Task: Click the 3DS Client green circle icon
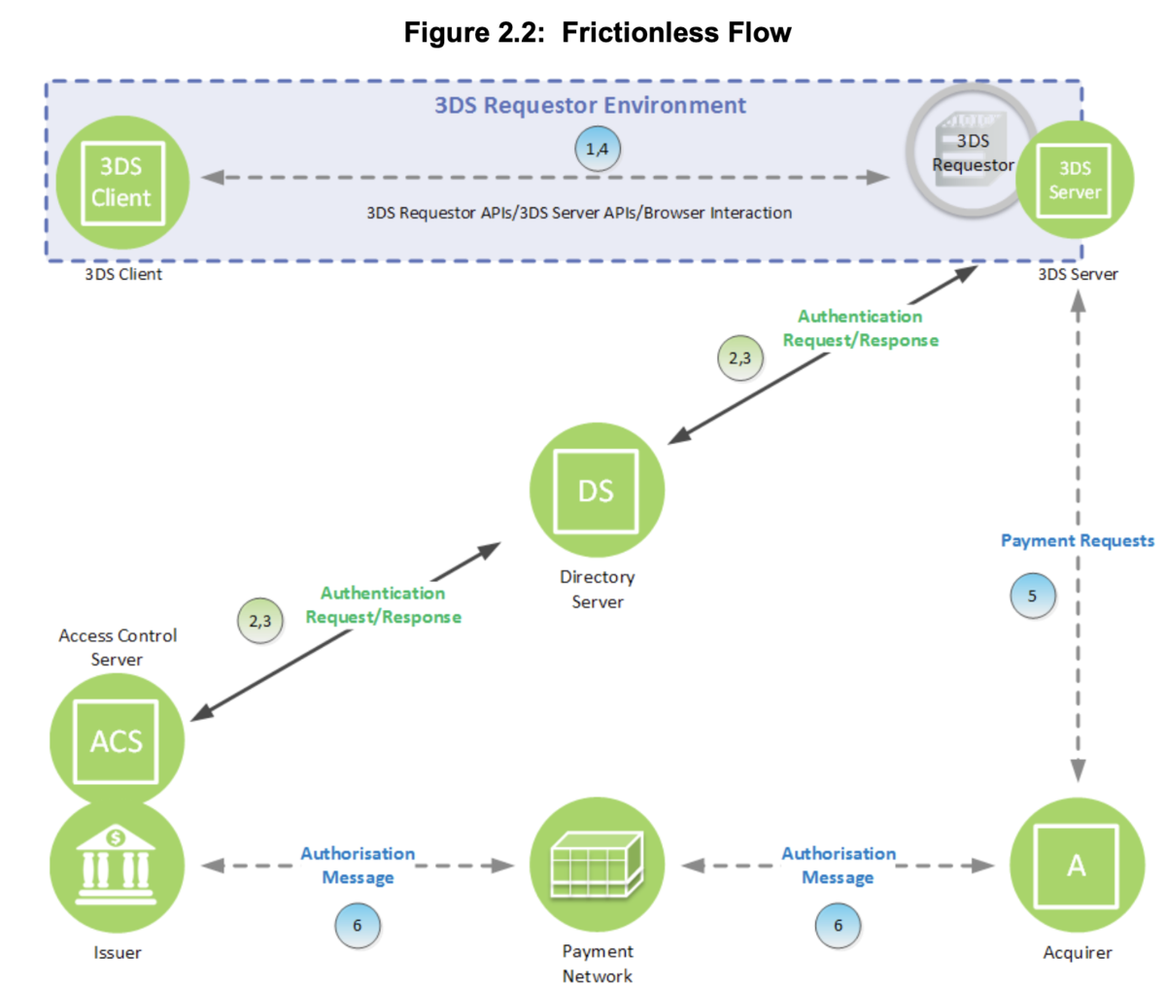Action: click(x=122, y=183)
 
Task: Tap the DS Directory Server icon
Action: click(x=597, y=491)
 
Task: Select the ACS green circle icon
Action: click(x=117, y=740)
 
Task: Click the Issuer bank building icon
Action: click(x=117, y=866)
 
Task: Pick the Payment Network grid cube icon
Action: click(x=597, y=865)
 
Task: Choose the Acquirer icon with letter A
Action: click(x=1077, y=866)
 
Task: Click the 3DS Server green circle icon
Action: click(x=1075, y=180)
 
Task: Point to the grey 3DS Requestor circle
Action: click(x=972, y=152)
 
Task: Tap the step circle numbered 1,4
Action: click(x=598, y=149)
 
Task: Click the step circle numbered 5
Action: click(x=1032, y=596)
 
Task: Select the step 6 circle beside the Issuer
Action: click(x=357, y=926)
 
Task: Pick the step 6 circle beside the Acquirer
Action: click(x=838, y=926)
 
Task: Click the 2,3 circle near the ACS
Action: click(x=260, y=621)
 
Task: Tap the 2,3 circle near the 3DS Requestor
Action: click(x=740, y=358)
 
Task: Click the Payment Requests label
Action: click(x=1078, y=540)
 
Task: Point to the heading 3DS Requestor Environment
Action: click(x=590, y=106)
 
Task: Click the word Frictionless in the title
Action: click(x=640, y=32)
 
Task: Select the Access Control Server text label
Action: click(x=118, y=647)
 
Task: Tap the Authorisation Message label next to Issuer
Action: click(x=358, y=866)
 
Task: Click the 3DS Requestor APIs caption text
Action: click(x=579, y=213)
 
